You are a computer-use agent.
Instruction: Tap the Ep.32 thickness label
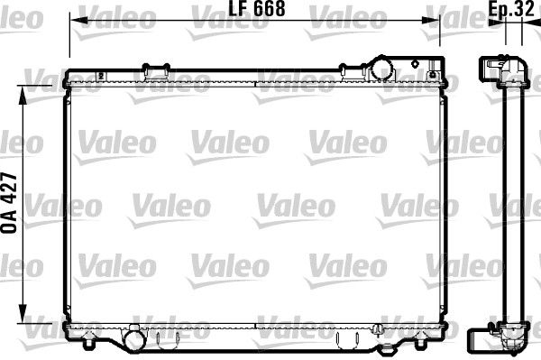click(514, 11)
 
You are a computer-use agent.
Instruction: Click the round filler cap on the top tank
click(381, 68)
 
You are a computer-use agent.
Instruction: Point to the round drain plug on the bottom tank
click(134, 340)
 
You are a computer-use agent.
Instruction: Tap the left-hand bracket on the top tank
click(157, 69)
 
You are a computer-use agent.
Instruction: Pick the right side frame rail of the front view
click(442, 204)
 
